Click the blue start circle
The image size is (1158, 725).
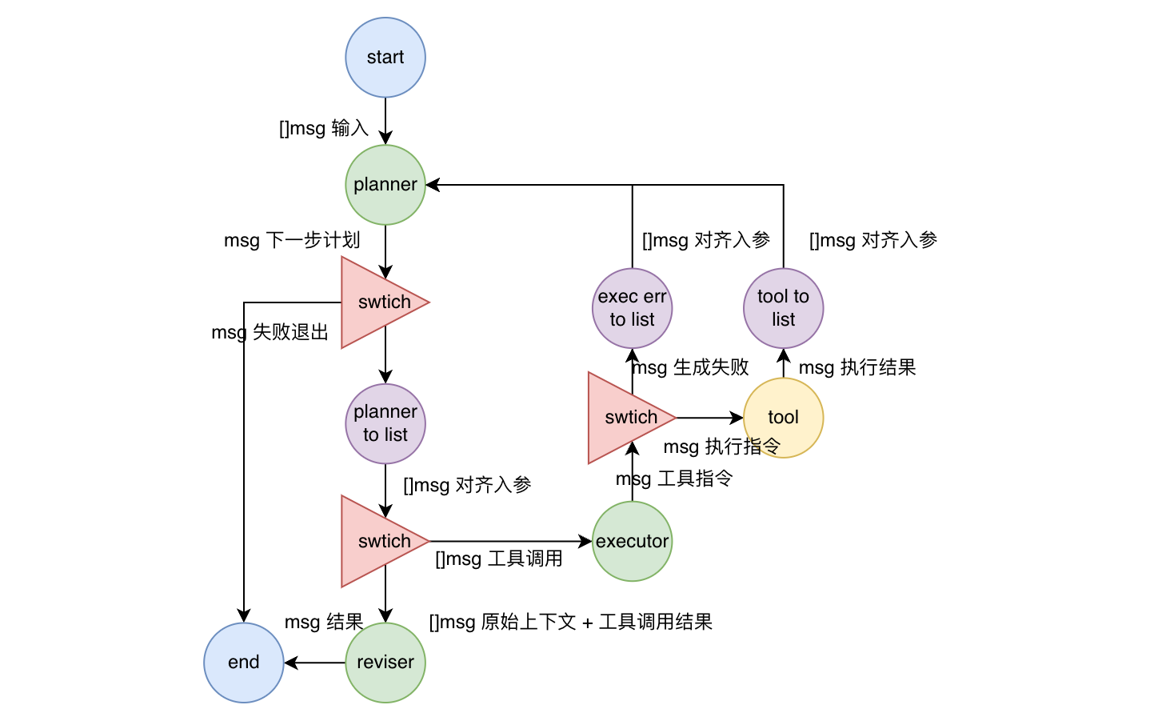point(385,58)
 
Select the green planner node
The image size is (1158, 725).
point(385,185)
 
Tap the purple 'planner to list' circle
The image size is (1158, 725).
point(385,423)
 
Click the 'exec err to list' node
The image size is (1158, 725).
point(632,308)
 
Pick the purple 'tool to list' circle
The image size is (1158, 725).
point(783,308)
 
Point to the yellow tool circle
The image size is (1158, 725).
point(783,418)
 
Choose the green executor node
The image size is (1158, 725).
point(632,542)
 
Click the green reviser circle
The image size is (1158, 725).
point(385,663)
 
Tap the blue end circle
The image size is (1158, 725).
point(244,663)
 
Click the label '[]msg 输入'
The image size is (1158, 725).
point(323,128)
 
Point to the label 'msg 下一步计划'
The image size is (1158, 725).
point(292,240)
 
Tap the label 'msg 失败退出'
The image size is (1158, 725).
point(270,332)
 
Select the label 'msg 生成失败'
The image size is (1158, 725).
point(690,367)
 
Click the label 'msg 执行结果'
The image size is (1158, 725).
point(857,367)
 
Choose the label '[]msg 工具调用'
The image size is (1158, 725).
point(499,559)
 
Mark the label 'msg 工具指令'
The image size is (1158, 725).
point(674,479)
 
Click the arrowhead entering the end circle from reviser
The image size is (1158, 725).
point(290,663)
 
